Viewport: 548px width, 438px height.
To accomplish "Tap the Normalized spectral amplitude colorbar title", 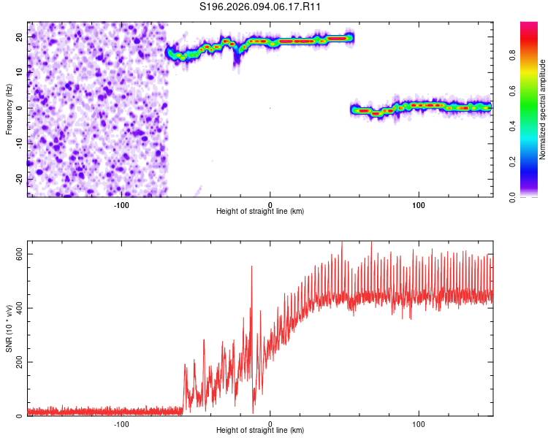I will (543, 109).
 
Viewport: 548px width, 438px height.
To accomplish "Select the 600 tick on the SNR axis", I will (17, 254).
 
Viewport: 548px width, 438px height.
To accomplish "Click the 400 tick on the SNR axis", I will (17, 308).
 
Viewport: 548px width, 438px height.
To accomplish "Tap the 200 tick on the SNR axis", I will (17, 362).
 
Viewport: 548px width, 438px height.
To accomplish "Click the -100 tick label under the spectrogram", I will (121, 205).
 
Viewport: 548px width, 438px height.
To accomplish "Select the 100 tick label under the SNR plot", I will (419, 424).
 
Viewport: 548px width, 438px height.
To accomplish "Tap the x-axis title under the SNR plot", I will (261, 432).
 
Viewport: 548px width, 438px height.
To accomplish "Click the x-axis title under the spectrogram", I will (261, 212).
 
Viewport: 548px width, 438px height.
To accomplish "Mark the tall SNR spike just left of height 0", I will (251, 267).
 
